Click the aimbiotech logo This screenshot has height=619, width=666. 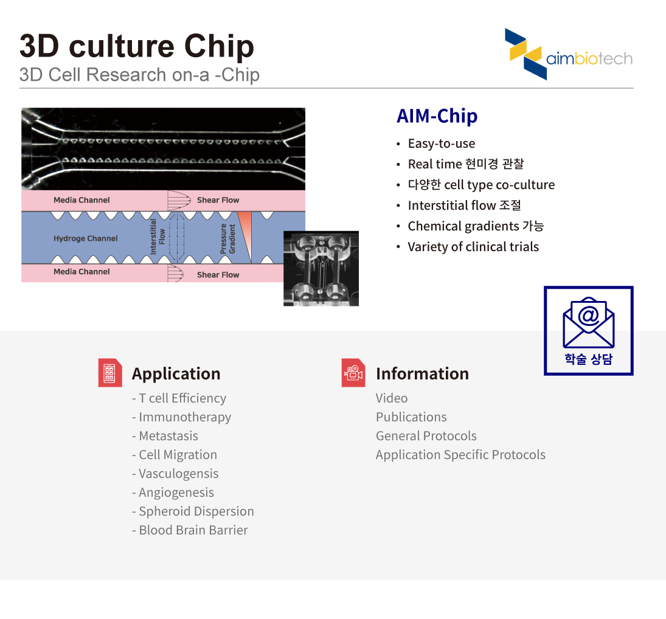(568, 54)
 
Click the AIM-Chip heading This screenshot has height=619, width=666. (437, 116)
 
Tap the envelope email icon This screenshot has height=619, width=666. (588, 322)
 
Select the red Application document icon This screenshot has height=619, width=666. (110, 373)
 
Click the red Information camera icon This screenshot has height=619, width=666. (353, 373)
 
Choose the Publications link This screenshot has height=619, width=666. (411, 417)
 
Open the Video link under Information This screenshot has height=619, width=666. (392, 398)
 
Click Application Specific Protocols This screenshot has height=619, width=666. (460, 455)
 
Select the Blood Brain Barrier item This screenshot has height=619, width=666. (193, 530)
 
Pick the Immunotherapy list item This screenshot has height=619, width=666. (185, 417)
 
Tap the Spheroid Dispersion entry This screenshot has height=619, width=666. (196, 511)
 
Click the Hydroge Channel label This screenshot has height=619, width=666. (85, 238)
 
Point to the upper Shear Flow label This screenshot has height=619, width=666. (218, 200)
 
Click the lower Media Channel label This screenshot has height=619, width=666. (82, 272)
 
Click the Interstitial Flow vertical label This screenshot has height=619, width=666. (157, 237)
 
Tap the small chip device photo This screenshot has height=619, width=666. (321, 268)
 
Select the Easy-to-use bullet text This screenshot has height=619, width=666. (442, 144)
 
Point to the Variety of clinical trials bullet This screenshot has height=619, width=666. (473, 247)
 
